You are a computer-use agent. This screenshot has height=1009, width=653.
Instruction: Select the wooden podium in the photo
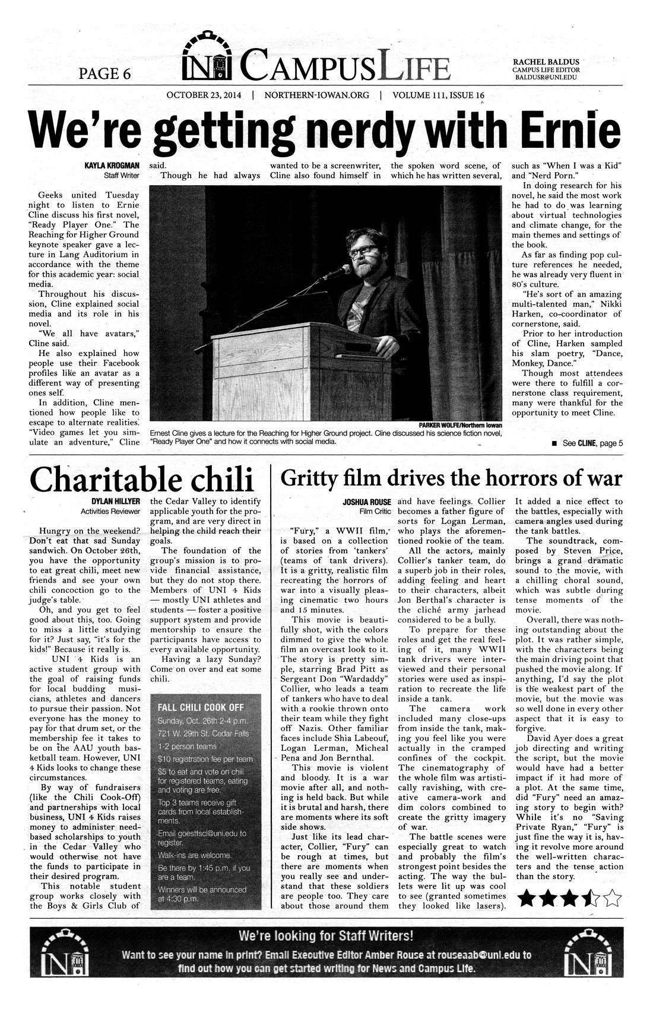click(x=300, y=368)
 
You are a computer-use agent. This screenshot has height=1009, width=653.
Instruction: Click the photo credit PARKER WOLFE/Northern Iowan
click(x=460, y=425)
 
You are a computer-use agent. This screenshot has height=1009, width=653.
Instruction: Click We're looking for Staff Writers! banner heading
click(x=325, y=936)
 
